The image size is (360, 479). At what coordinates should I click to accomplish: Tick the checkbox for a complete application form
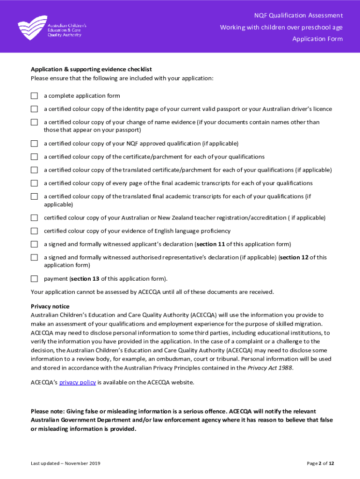[x=34, y=96]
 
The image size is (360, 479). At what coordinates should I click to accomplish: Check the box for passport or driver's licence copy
[x=34, y=109]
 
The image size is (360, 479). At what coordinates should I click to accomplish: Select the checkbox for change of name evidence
[x=34, y=122]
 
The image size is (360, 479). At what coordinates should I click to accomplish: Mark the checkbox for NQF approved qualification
[x=34, y=144]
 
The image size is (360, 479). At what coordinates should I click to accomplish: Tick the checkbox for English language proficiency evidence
[x=34, y=231]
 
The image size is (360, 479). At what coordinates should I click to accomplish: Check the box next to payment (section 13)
[x=34, y=279]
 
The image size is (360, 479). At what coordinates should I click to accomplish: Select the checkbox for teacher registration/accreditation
[x=34, y=218]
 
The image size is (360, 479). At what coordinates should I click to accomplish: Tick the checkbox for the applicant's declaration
[x=34, y=244]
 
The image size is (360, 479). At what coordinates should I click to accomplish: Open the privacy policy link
[x=77, y=382]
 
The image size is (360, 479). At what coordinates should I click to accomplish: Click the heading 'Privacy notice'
[x=50, y=306]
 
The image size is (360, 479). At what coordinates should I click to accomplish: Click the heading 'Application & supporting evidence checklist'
[x=91, y=69]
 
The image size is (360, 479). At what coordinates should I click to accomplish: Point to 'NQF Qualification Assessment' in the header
[x=298, y=15]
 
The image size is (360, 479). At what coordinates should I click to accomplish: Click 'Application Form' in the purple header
[x=317, y=39]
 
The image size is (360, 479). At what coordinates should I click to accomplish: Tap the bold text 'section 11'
[x=210, y=244]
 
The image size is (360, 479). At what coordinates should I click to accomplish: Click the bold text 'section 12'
[x=294, y=257]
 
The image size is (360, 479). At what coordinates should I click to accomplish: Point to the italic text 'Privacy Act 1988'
[x=270, y=368]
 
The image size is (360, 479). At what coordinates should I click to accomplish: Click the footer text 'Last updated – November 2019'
[x=65, y=464]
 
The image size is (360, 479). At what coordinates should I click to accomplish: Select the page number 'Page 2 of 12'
[x=320, y=464]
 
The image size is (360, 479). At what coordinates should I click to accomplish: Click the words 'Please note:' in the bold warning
[x=48, y=412]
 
